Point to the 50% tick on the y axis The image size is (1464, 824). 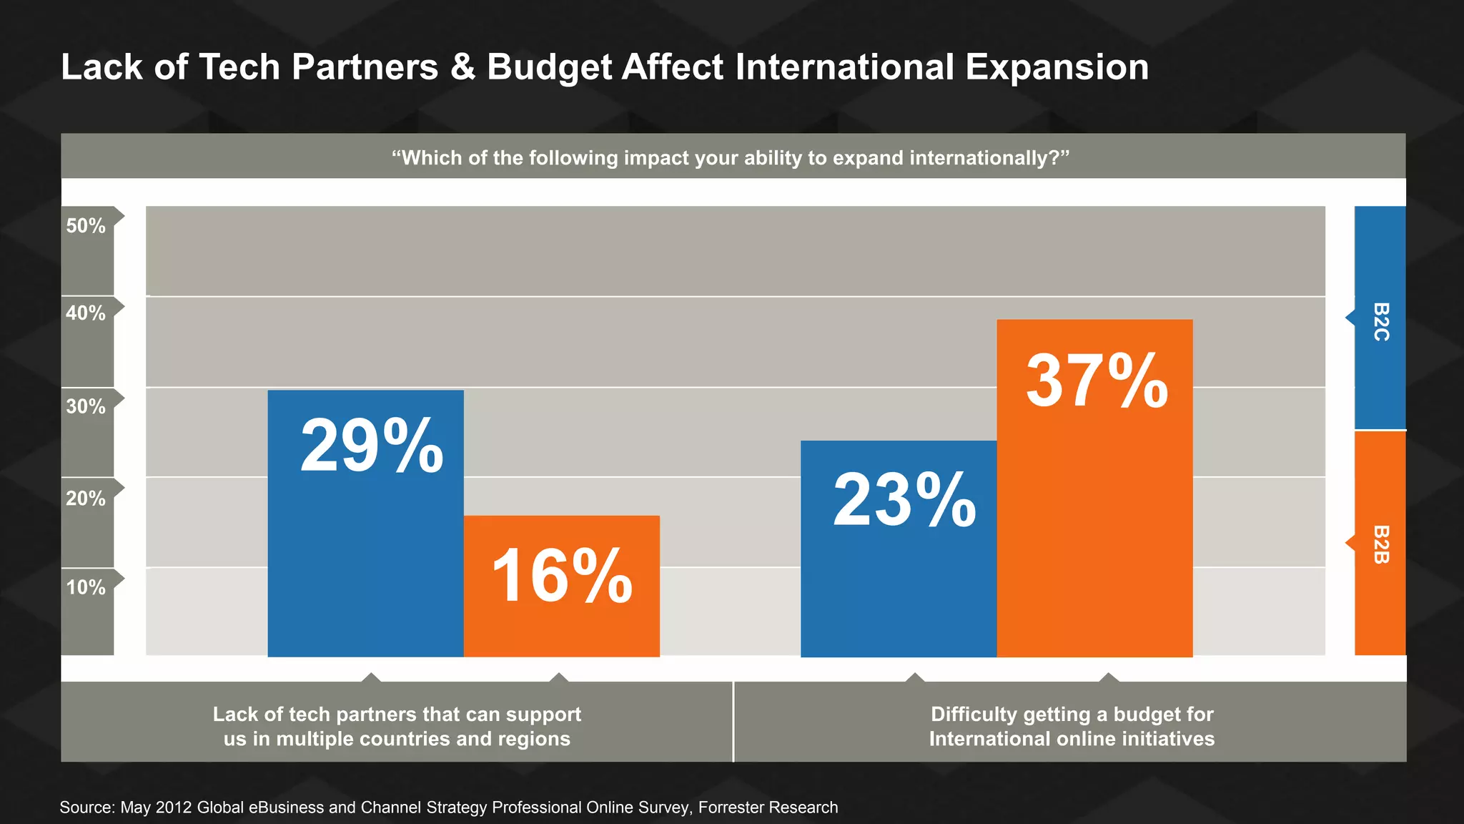(x=86, y=226)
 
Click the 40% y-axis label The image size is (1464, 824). (x=86, y=313)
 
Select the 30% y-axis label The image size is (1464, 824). (x=86, y=407)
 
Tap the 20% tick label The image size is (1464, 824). (x=86, y=499)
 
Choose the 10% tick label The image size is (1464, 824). (x=86, y=588)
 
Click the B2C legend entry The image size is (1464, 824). (x=1380, y=321)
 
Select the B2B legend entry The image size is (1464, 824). (x=1380, y=544)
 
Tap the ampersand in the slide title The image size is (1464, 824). (x=463, y=67)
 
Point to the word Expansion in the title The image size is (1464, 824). (x=1057, y=67)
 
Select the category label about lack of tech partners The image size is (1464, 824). (x=397, y=726)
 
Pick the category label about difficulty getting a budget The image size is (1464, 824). (x=1072, y=726)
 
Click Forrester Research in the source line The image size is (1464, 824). (x=768, y=808)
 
